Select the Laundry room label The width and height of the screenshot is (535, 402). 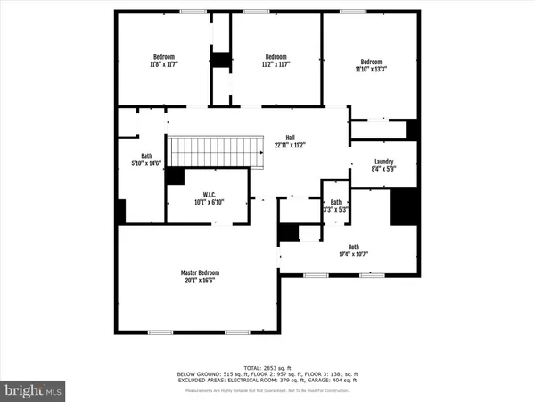[383, 163]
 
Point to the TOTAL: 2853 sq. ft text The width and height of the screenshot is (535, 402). [267, 366]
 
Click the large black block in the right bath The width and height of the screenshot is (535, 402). [404, 207]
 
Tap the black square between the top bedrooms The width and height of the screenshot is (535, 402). [220, 60]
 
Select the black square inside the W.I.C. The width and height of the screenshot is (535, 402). [176, 177]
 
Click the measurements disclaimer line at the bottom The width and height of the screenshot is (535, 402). [267, 392]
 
